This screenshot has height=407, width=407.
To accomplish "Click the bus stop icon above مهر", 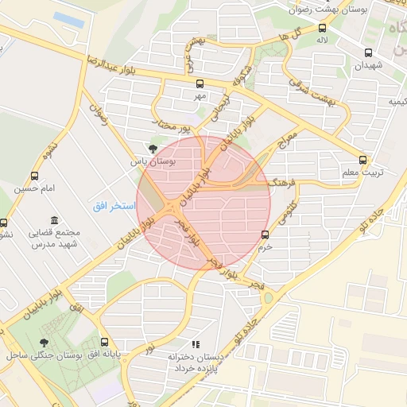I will point(200,83).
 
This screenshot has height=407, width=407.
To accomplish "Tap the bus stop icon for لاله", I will point(321,27).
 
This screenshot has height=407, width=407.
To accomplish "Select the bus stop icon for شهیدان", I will point(367,53).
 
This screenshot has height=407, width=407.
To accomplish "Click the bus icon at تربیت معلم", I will point(363,158).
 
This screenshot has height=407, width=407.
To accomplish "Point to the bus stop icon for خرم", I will point(266,234).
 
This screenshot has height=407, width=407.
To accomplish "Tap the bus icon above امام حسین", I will point(33,176).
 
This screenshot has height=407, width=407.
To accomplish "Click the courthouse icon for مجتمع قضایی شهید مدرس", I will point(53,220).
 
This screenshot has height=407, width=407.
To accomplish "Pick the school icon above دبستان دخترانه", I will point(195,345).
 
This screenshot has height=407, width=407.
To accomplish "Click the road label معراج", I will point(284,145).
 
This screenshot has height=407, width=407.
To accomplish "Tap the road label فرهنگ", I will point(281,183).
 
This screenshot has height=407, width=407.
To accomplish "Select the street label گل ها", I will point(289,36).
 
